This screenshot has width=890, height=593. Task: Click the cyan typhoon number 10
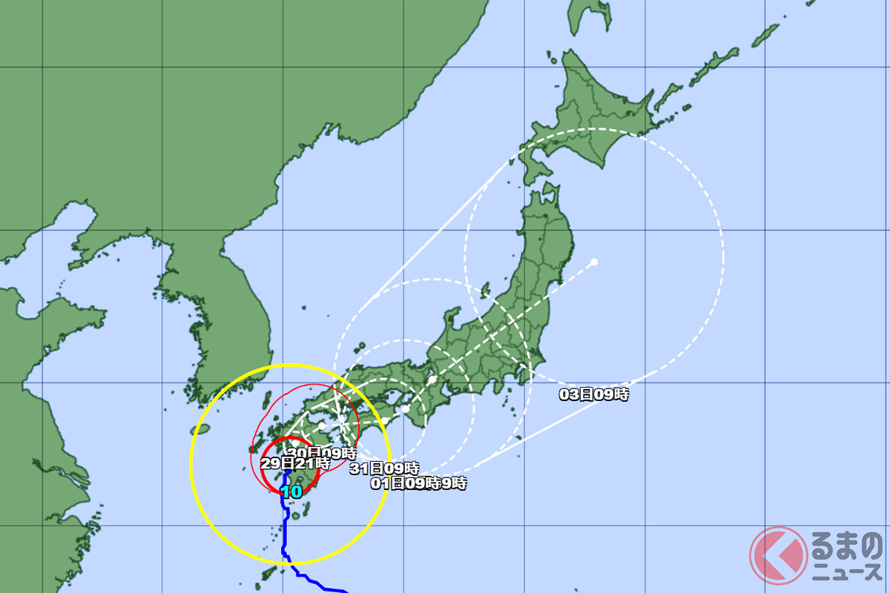pos(291,491)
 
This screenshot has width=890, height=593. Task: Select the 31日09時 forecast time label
pos(384,468)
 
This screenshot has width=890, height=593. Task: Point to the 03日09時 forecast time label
pos(593,395)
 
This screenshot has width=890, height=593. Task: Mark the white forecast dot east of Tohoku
pos(595,262)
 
